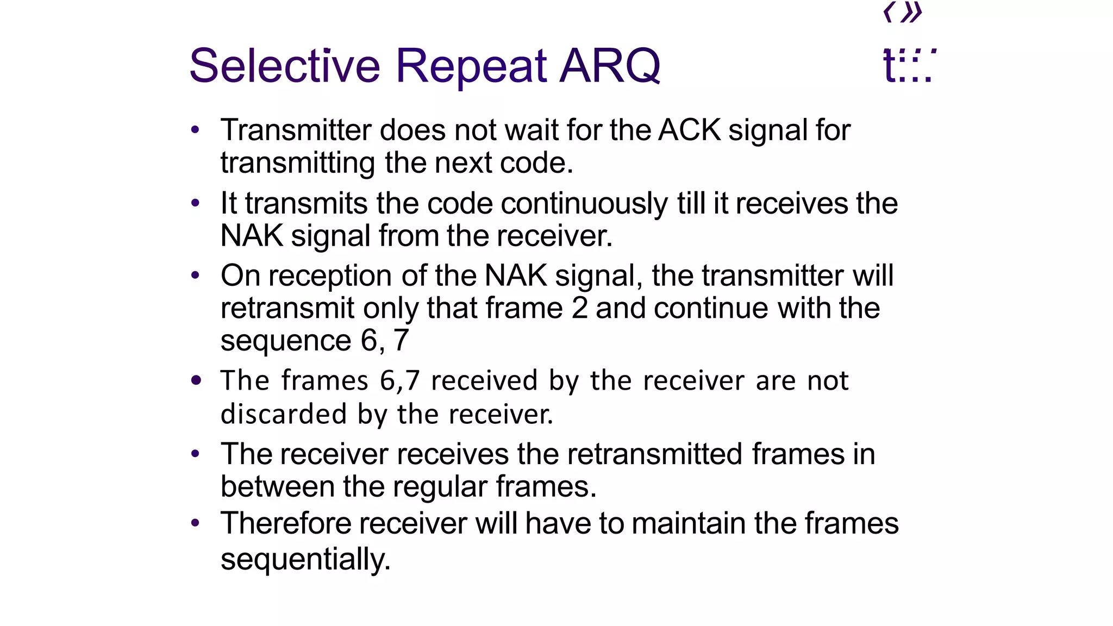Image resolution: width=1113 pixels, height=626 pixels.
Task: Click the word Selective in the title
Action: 284,66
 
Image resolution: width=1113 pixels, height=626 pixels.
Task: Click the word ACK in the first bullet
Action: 690,130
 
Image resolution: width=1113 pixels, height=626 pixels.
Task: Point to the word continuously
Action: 584,204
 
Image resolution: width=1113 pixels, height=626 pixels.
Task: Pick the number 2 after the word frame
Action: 580,308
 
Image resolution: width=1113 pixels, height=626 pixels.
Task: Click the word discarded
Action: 284,414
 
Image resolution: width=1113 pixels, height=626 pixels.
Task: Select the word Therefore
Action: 286,523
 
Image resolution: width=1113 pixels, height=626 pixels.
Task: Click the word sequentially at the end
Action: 305,559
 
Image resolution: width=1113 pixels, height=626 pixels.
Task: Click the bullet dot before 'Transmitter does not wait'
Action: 196,130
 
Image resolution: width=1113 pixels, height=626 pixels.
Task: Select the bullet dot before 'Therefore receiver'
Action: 196,523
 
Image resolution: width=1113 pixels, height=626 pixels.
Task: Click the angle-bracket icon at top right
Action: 903,12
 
